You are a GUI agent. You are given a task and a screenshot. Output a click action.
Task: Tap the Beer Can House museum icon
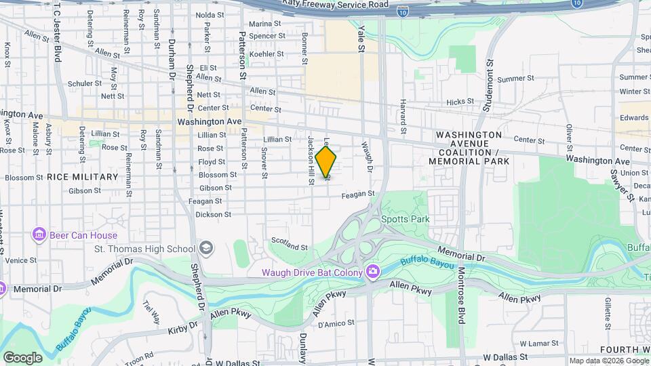[x=39, y=235]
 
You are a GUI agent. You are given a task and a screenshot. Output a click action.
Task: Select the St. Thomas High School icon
[x=205, y=249]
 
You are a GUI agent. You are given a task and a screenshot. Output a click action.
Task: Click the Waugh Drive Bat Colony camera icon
[x=372, y=272]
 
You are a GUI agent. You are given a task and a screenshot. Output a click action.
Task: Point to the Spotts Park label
[x=406, y=219]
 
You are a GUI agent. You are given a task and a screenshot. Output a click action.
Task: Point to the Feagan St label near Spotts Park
[x=359, y=194]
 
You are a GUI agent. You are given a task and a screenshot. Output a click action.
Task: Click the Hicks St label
[x=460, y=102]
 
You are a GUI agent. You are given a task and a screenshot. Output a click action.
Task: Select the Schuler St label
[x=85, y=83]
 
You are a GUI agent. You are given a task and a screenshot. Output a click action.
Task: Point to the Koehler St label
[x=266, y=53]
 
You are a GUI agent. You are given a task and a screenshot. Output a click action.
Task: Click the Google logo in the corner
[x=22, y=357]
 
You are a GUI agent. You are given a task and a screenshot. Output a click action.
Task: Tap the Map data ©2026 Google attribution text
[x=608, y=361]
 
